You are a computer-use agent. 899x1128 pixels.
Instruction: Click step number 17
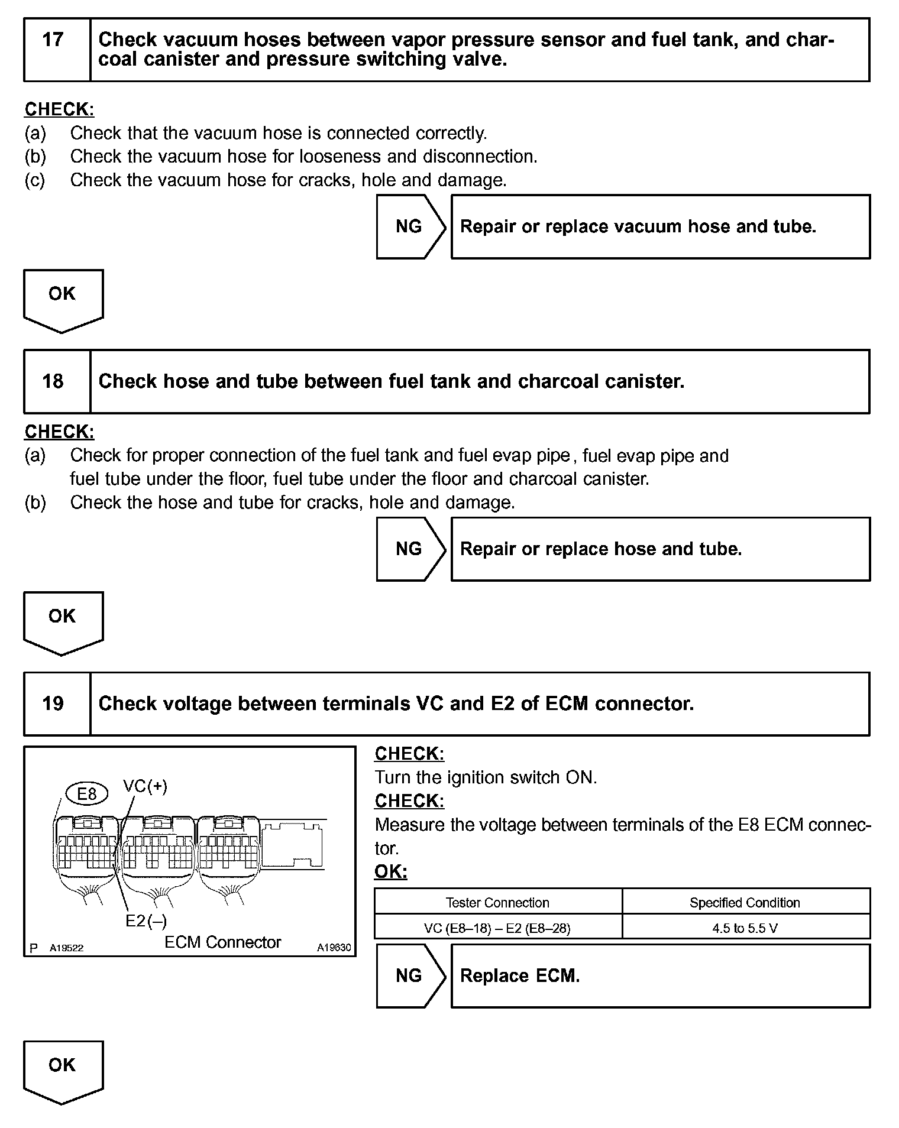point(53,40)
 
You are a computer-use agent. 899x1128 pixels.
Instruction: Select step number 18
point(53,381)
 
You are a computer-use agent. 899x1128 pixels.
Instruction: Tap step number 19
point(53,704)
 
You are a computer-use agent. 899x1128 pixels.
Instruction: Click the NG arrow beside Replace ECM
point(409,976)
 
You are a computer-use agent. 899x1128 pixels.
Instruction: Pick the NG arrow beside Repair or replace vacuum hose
point(409,226)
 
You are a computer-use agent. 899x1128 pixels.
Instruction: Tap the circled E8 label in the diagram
point(87,794)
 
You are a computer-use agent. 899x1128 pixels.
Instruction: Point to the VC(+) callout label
point(145,786)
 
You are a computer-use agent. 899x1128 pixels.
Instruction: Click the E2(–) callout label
point(146,921)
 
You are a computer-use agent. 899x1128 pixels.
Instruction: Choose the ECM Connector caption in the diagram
point(222,942)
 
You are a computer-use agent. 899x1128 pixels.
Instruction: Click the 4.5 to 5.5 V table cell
point(745,928)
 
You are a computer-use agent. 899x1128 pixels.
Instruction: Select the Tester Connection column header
point(497,903)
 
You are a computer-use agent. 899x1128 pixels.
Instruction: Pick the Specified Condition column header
point(745,903)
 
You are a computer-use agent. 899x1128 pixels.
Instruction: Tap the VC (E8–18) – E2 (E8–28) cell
point(497,928)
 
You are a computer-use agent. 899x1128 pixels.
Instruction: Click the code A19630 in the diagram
point(334,948)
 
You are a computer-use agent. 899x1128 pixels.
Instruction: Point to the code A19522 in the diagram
point(66,948)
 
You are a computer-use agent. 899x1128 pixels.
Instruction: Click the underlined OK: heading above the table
point(391,872)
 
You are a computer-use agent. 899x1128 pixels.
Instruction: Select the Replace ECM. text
point(520,976)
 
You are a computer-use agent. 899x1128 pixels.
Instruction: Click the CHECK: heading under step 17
point(59,110)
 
